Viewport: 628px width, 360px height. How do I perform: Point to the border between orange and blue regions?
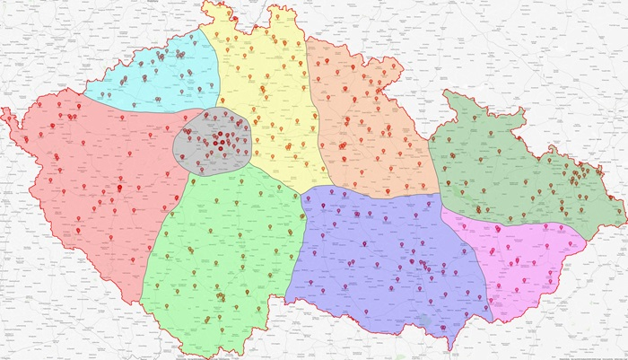click(x=377, y=191)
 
